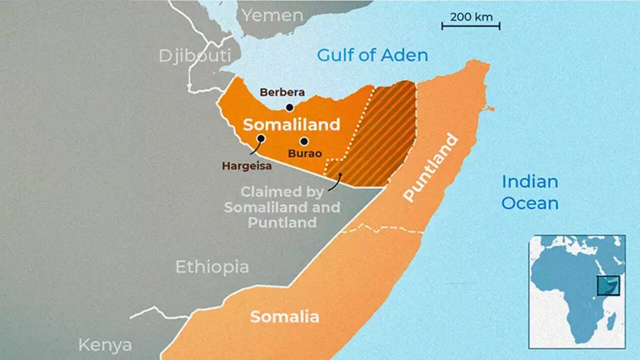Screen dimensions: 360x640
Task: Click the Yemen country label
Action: (272, 15)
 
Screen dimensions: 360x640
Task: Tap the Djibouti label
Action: (195, 55)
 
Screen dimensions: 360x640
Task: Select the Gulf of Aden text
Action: (372, 55)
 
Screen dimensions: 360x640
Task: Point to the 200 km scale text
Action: (471, 16)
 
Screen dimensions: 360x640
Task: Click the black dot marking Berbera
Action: (289, 107)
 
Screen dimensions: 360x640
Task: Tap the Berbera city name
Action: (282, 92)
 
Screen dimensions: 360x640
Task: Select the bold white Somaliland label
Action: (291, 124)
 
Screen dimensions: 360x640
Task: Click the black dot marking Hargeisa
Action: (260, 138)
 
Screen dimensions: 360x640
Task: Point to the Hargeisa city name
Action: (247, 166)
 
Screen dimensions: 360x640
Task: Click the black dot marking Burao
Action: (304, 141)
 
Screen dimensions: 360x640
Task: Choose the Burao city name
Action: (304, 153)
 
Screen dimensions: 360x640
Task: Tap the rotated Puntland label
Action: (430, 167)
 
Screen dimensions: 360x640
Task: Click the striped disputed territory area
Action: (385, 135)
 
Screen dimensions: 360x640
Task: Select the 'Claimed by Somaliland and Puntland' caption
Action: (282, 207)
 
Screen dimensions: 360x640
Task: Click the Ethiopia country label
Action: (212, 267)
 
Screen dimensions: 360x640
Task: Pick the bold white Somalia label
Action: (284, 316)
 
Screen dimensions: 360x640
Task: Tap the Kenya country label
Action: (105, 345)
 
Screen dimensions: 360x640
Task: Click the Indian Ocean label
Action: (530, 192)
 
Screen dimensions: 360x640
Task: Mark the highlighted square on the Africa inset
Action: (608, 285)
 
